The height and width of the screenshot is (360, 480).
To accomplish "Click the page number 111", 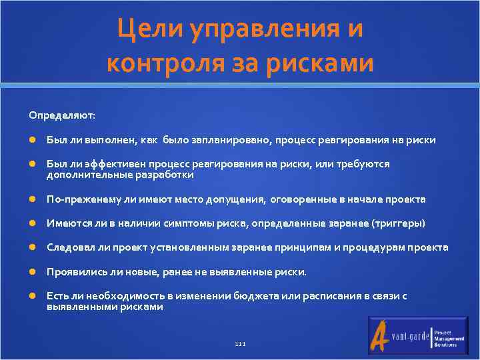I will click(240, 344).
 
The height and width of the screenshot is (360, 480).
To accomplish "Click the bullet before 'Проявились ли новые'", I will click(32, 272).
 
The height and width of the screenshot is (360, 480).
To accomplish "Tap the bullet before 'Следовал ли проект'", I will click(32, 248).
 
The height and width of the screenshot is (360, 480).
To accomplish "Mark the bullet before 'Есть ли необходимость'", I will click(32, 296).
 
